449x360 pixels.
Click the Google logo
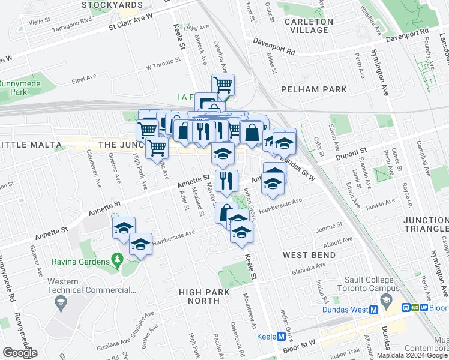(20, 353)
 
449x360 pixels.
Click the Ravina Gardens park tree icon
(117, 261)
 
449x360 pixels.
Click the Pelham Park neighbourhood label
(314, 89)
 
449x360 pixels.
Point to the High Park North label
(204, 296)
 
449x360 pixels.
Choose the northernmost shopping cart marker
(223, 85)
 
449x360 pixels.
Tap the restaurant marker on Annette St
(226, 180)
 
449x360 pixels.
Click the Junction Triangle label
(426, 224)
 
